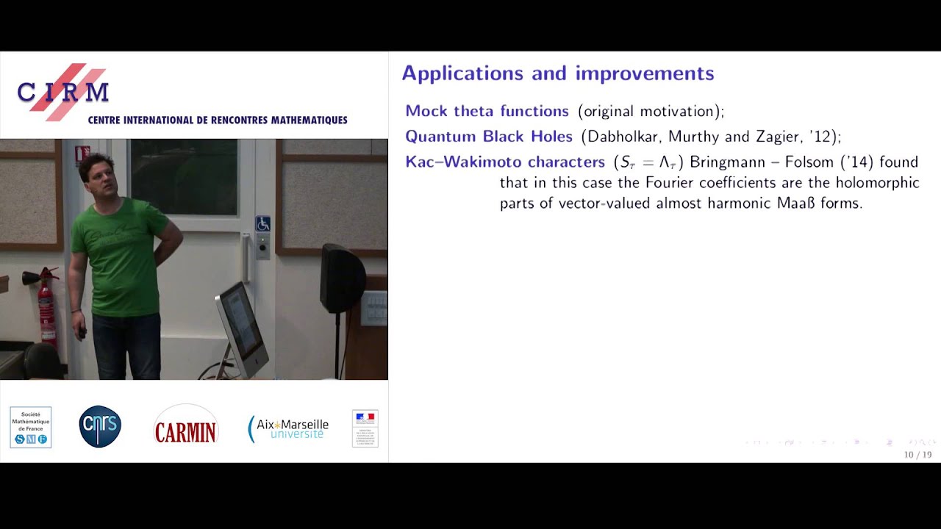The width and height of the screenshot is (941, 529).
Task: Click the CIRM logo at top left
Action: click(x=63, y=92)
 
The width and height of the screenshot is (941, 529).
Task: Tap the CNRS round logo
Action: click(x=100, y=427)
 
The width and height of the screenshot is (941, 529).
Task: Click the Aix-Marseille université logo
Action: click(x=288, y=428)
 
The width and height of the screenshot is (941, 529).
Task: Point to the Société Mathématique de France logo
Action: click(x=31, y=427)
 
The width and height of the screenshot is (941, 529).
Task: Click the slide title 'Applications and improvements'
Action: click(x=557, y=73)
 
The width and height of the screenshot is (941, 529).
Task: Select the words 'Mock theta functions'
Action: click(x=487, y=111)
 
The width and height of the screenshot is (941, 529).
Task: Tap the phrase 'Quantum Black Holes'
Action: click(x=488, y=137)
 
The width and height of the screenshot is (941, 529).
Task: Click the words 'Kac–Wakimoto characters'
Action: click(x=505, y=162)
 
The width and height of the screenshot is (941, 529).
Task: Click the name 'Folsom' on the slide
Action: click(x=809, y=162)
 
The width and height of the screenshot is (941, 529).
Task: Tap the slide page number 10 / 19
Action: click(x=917, y=455)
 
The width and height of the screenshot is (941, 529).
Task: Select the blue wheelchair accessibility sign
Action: click(x=262, y=223)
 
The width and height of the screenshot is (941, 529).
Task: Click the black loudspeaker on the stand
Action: click(x=342, y=279)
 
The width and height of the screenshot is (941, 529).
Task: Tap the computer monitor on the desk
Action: click(x=240, y=327)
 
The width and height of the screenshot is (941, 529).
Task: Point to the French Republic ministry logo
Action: click(x=365, y=428)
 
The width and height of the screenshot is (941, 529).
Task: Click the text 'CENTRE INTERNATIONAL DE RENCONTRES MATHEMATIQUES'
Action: click(x=218, y=120)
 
